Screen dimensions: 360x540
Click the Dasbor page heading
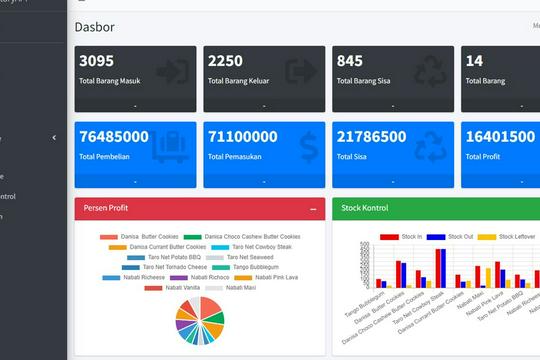point(94,27)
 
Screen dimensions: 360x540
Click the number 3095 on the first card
point(97,61)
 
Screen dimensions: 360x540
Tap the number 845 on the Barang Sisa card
point(350,61)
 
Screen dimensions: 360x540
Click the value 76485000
point(114,137)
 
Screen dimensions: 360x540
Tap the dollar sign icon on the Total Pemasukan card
point(307,148)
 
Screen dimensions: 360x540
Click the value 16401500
point(500,137)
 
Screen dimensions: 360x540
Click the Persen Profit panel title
point(105,208)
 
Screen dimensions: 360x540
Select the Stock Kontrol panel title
point(364,208)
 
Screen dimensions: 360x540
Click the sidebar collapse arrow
point(54,138)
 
